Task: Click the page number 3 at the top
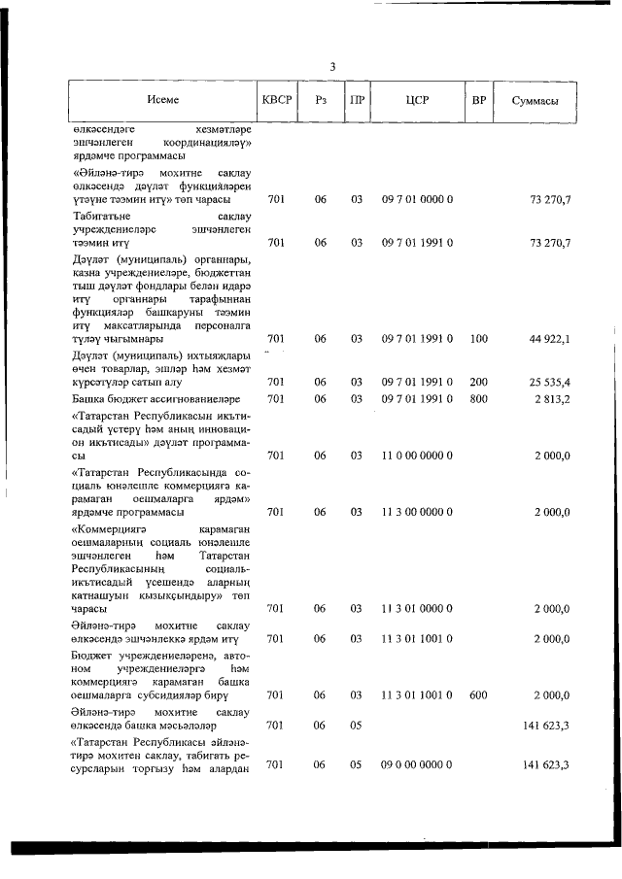pos(332,67)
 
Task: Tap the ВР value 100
pos(478,339)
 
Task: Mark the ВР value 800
pos(478,399)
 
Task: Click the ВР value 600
pos(478,695)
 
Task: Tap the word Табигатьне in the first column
pos(101,217)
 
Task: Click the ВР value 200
pos(478,383)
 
